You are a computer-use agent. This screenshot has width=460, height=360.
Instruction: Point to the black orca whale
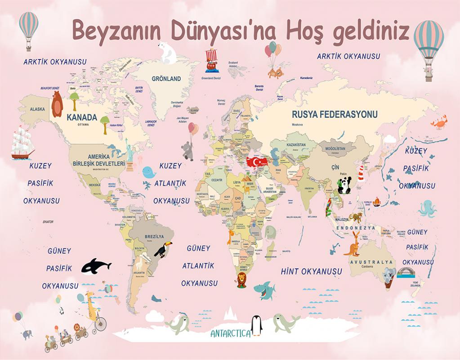click(95, 265)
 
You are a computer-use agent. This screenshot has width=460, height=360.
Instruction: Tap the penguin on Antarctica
click(257, 325)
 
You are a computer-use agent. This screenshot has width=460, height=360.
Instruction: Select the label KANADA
click(82, 117)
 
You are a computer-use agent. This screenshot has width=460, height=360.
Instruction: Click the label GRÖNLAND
click(166, 79)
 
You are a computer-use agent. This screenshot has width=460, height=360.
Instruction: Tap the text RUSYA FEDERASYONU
click(335, 114)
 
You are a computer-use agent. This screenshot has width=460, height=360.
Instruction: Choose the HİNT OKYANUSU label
click(311, 271)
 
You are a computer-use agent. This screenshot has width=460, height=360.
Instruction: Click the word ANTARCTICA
click(230, 334)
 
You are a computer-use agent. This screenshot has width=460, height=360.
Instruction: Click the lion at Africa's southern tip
click(241, 279)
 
